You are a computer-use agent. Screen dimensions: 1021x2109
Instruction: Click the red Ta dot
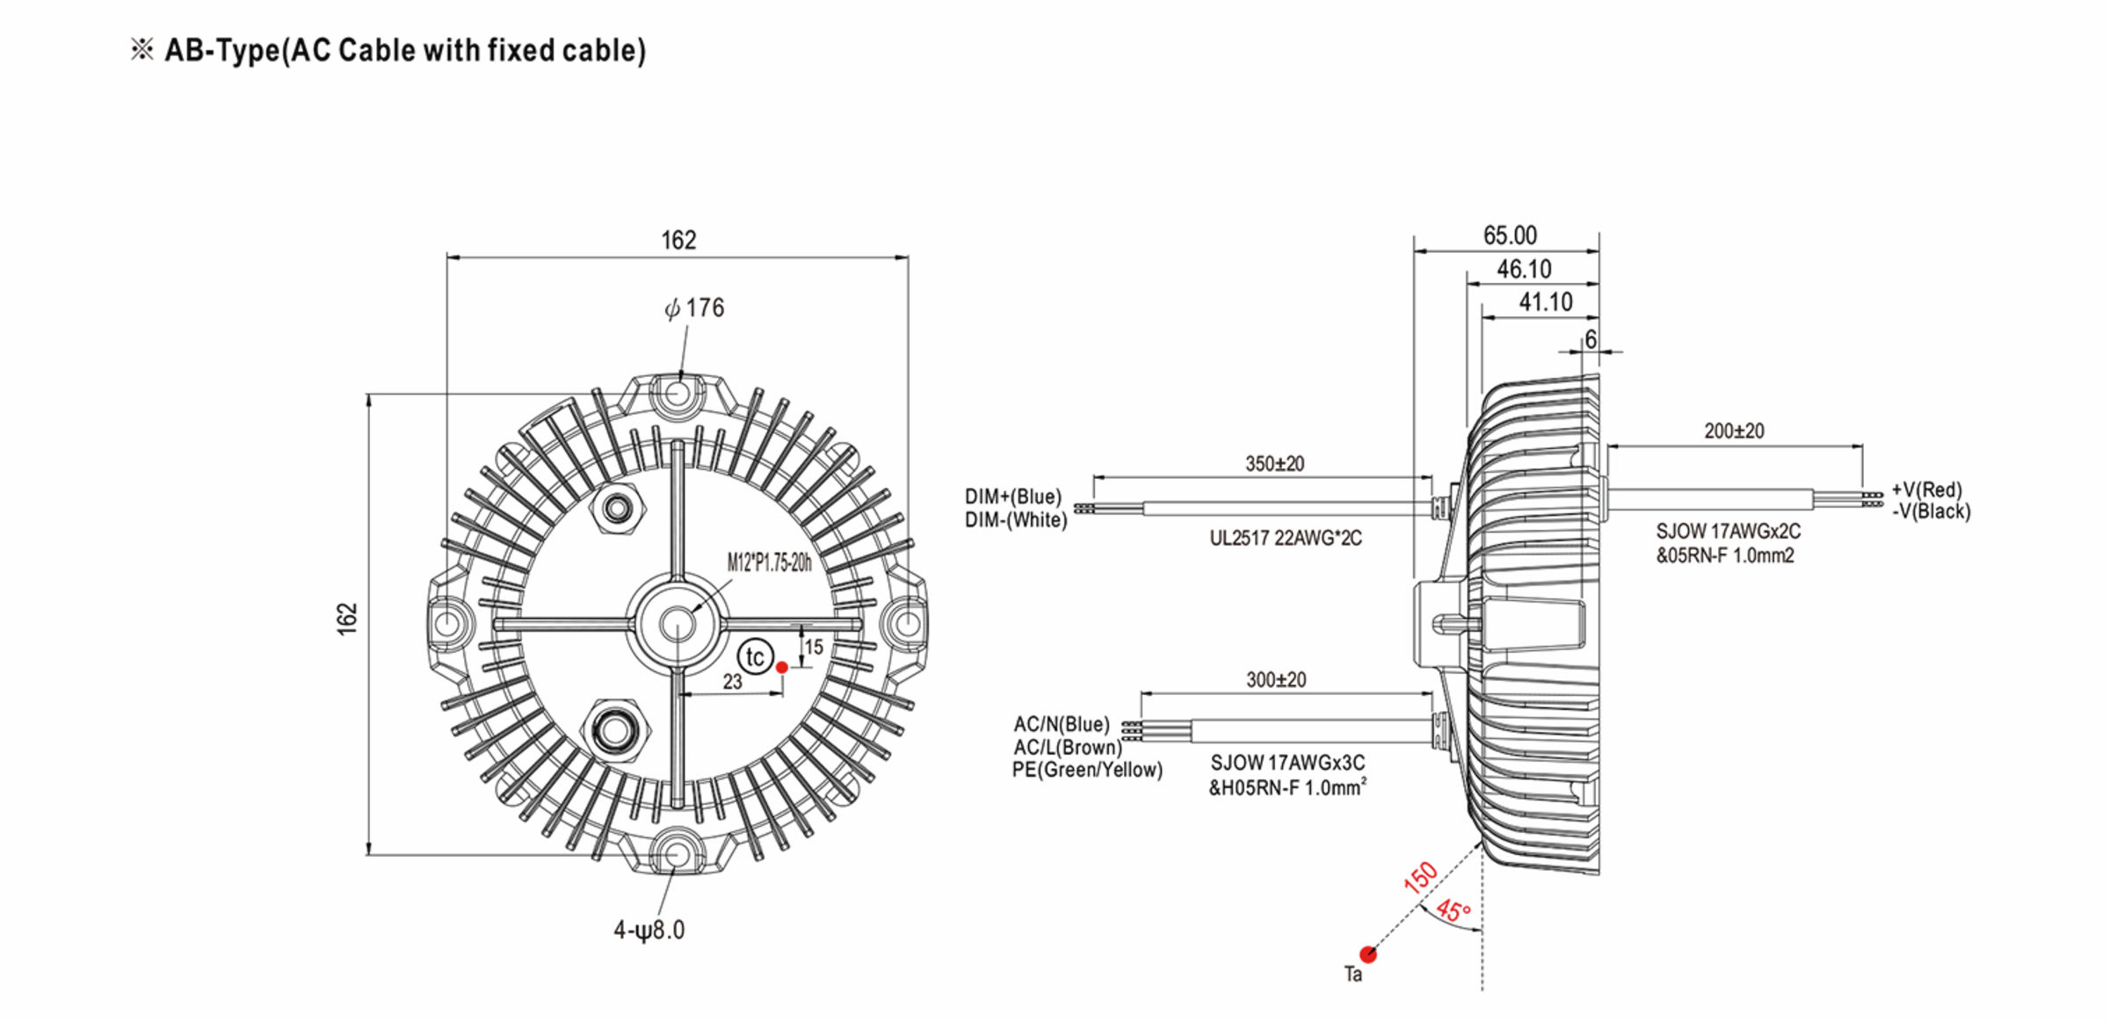[1367, 954]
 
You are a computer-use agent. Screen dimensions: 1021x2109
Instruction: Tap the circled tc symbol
[754, 657]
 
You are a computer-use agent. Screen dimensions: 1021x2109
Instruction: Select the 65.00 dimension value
[1510, 235]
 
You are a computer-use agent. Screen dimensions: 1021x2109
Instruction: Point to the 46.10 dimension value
[1524, 269]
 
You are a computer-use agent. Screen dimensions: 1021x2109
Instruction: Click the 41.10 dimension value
[1545, 302]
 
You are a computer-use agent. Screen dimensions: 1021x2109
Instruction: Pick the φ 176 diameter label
[694, 308]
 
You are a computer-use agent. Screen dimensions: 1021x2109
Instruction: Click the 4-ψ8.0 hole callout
[649, 930]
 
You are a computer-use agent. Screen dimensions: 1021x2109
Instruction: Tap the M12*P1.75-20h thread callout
[769, 563]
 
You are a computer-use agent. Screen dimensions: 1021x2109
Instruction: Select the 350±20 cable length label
[1274, 464]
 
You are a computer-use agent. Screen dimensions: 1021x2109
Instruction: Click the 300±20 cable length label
[1276, 680]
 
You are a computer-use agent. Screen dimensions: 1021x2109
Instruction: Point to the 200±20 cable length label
[1734, 431]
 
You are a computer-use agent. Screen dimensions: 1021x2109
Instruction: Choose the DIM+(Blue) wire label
[1013, 497]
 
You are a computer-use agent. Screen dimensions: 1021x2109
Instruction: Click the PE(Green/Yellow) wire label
[1087, 771]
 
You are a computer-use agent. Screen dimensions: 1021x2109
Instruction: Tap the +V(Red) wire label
[1926, 489]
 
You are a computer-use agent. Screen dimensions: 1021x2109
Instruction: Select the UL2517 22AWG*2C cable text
[1286, 539]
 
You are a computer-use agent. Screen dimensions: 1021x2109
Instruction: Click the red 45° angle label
[1453, 910]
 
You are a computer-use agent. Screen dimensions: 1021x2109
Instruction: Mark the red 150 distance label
[1420, 878]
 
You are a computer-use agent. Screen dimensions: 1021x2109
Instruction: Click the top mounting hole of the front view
[676, 393]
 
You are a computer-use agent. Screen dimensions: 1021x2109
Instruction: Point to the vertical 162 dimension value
[348, 619]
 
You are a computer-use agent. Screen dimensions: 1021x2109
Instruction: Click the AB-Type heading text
[404, 51]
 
